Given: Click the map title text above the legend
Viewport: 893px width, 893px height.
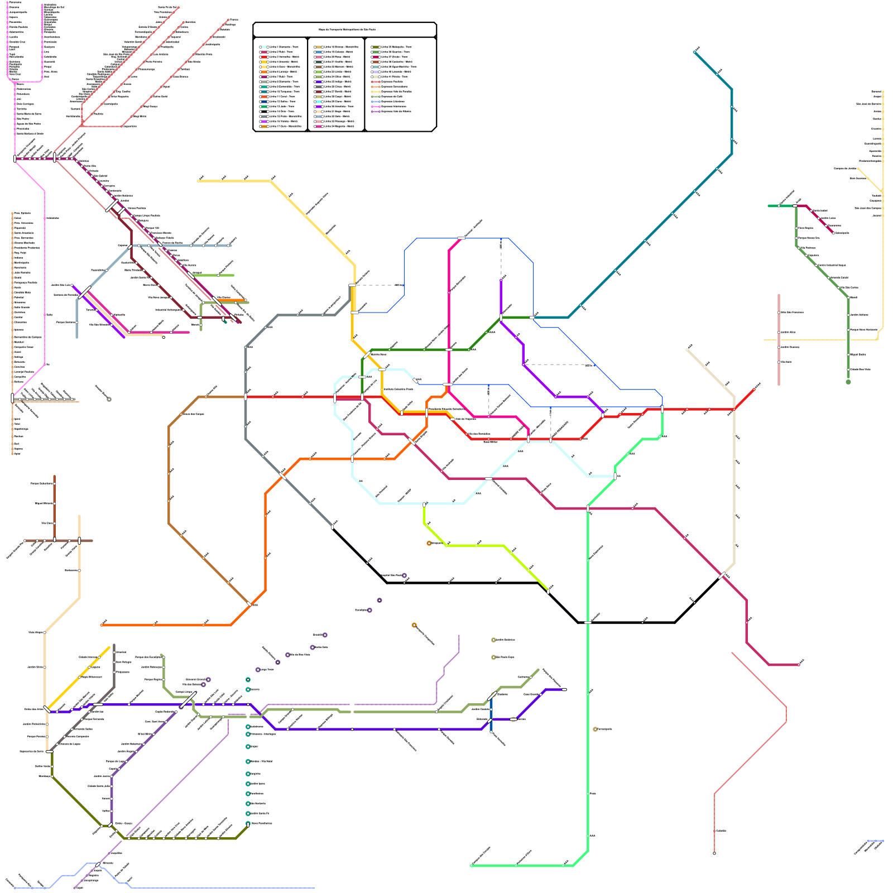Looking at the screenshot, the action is pyautogui.click(x=344, y=30).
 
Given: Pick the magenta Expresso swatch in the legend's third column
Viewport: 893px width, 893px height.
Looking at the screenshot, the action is pyautogui.click(x=376, y=106).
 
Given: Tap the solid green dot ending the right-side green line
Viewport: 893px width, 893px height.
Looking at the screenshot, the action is pyautogui.click(x=848, y=382).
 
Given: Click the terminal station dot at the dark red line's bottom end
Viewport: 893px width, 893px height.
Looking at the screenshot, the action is pyautogui.click(x=714, y=853).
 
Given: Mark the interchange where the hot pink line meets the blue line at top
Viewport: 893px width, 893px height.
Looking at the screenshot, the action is pyautogui.click(x=461, y=238).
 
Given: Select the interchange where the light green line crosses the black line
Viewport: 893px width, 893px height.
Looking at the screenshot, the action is pyautogui.click(x=588, y=622).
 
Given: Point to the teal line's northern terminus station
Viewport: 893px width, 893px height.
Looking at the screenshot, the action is pyautogui.click(x=695, y=52).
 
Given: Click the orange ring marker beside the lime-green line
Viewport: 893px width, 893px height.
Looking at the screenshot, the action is pyautogui.click(x=429, y=543).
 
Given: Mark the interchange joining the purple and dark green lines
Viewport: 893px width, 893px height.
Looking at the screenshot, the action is pyautogui.click(x=501, y=318).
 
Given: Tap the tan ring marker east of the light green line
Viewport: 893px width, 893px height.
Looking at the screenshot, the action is pyautogui.click(x=595, y=729).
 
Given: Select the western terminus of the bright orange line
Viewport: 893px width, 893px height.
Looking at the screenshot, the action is pyautogui.click(x=102, y=625).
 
